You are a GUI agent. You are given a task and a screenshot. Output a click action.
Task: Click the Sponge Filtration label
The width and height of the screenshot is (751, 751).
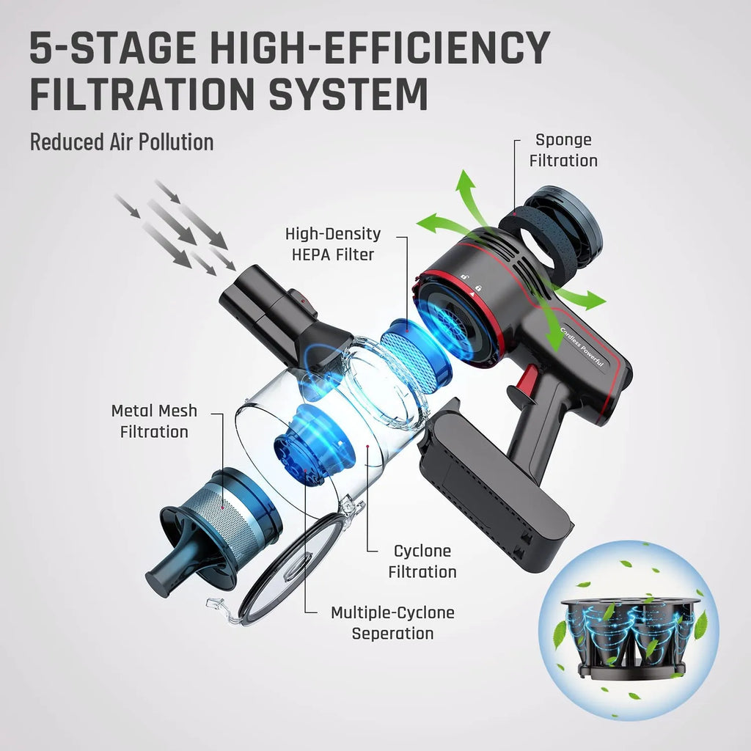[x=563, y=150]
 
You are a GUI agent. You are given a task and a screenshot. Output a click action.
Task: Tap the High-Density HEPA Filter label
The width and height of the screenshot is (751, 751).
[x=333, y=244]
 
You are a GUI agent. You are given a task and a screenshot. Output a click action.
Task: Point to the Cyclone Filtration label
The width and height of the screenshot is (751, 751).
[x=422, y=561]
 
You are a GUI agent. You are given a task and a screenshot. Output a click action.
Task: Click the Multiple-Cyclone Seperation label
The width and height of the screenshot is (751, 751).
[x=392, y=623]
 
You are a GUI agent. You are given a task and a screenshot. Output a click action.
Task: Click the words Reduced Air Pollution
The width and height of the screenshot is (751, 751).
[x=122, y=142]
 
